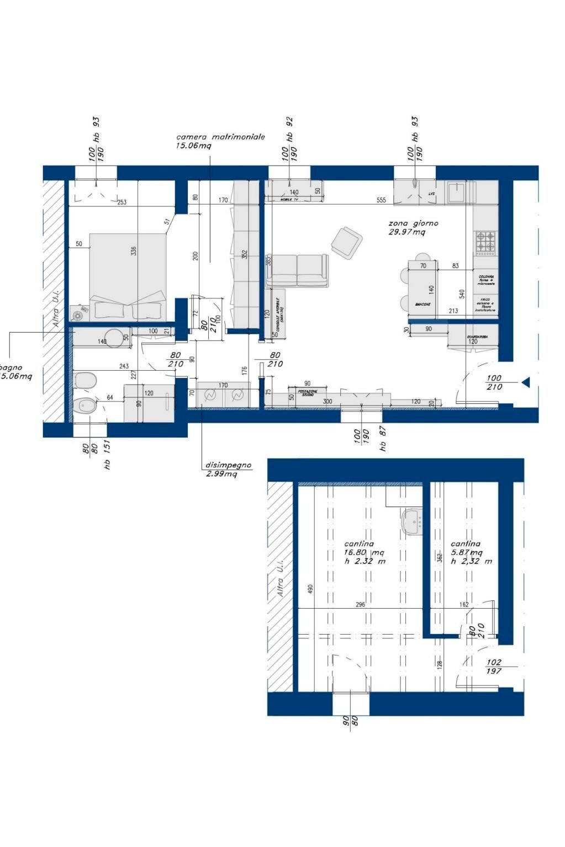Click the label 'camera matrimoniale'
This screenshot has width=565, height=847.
[220, 136]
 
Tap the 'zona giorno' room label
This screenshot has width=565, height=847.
[413, 223]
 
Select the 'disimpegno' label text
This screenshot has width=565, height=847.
[228, 465]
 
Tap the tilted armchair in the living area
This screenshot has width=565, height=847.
[346, 242]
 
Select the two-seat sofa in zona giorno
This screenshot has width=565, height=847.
[297, 270]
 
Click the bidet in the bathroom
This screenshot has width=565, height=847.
[85, 406]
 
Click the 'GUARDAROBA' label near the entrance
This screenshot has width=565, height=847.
[476, 335]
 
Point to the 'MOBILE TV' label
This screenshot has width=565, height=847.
[289, 199]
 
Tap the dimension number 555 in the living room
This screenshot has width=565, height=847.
[381, 200]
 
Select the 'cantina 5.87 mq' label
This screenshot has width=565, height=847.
[467, 548]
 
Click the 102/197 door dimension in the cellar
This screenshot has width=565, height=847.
[494, 667]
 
